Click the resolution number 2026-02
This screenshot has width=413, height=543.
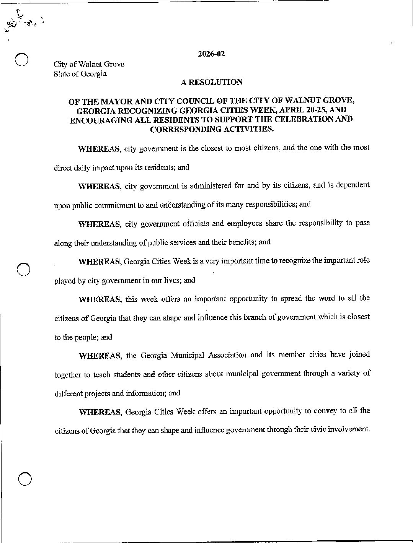tap(211, 54)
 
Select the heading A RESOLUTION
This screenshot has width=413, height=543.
tap(211, 82)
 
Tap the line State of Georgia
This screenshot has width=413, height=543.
tap(80, 74)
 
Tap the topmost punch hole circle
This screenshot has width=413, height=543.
tap(21, 60)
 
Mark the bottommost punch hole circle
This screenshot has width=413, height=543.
tap(24, 479)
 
